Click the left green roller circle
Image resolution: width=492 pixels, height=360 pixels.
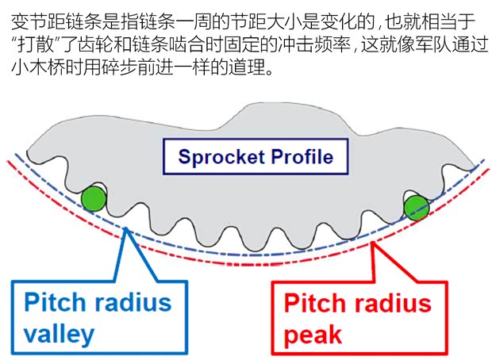(94, 197)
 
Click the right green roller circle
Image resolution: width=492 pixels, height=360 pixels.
(416, 208)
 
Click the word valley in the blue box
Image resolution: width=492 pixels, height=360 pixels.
(59, 333)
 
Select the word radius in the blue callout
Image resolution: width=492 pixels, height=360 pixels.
(136, 302)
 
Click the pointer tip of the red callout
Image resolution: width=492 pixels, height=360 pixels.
(375, 239)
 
